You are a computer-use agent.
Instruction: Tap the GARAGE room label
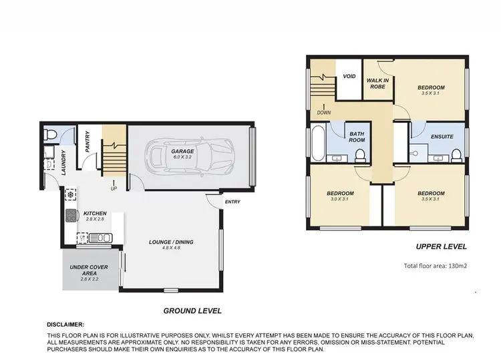[184, 152]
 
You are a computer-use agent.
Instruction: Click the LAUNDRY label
[63, 161]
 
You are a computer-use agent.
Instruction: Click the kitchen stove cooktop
[71, 215]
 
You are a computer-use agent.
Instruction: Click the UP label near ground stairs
[114, 188]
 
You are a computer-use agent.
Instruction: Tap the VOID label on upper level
[349, 76]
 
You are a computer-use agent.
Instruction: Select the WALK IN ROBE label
[378, 83]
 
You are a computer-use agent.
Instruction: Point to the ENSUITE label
[442, 136]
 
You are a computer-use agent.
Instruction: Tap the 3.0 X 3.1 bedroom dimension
[340, 199]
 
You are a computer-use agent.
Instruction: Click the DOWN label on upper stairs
[324, 112]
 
